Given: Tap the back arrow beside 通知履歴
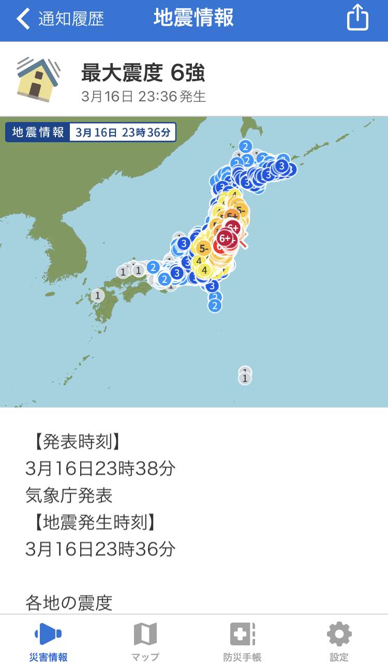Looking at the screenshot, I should click(23, 19).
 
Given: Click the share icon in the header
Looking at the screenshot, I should click(357, 18).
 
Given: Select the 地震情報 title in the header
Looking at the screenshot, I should click(193, 18).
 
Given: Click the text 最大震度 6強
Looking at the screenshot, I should click(143, 73).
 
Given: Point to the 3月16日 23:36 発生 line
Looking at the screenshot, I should click(143, 97).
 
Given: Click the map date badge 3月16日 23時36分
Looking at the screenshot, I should click(123, 132).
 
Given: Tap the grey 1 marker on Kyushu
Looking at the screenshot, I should click(97, 296).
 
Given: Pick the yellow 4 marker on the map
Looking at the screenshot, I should click(204, 270).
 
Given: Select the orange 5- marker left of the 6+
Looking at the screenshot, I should click(203, 248).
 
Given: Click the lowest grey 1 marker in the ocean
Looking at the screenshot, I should click(245, 379).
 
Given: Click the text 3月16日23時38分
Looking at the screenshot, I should click(100, 468).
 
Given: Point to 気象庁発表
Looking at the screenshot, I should click(69, 495).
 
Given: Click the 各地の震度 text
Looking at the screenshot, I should click(69, 602).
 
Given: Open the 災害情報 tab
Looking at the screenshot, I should click(48, 641).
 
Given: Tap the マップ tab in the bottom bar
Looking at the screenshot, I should click(145, 641).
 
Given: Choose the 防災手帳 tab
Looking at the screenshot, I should click(242, 641).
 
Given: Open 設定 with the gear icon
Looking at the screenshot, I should click(339, 641).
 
